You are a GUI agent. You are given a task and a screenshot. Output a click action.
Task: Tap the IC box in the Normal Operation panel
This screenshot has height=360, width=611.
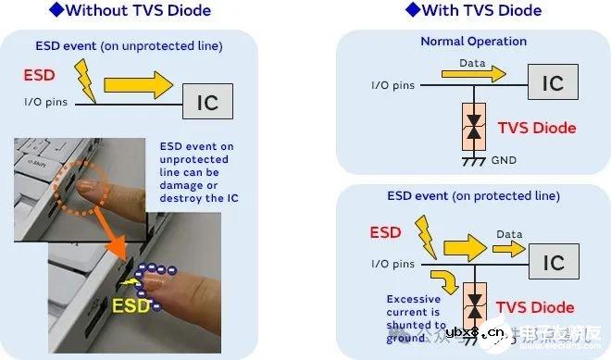[552, 82]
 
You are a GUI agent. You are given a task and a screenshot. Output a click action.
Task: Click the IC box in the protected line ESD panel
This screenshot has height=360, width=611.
[554, 264]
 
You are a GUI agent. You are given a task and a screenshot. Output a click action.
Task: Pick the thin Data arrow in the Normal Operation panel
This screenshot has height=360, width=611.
[480, 71]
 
